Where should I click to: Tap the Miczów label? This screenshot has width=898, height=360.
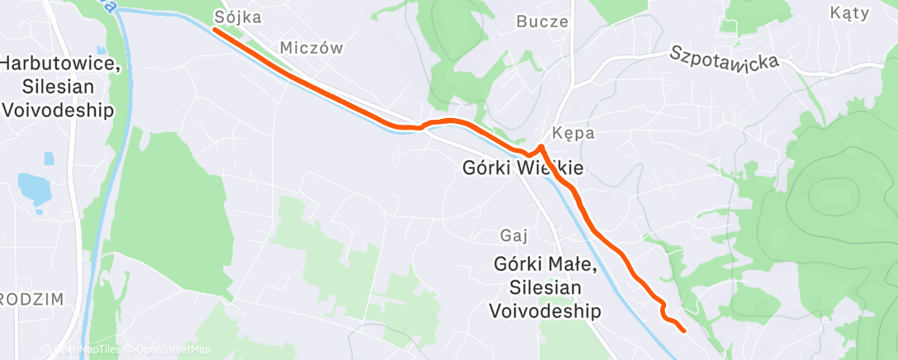click(311, 48)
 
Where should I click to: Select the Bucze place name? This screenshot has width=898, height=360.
click(542, 21)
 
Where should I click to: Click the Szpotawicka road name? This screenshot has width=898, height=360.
click(724, 63)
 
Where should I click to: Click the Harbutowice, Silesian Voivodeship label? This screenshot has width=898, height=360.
click(57, 87)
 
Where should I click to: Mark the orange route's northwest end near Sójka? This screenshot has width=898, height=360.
click(215, 30)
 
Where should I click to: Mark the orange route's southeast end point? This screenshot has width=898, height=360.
click(684, 330)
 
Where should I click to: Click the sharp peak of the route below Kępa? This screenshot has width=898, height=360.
click(541, 146)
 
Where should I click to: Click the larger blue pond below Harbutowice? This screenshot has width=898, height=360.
click(35, 188)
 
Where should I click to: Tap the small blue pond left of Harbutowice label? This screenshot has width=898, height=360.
click(48, 158)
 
